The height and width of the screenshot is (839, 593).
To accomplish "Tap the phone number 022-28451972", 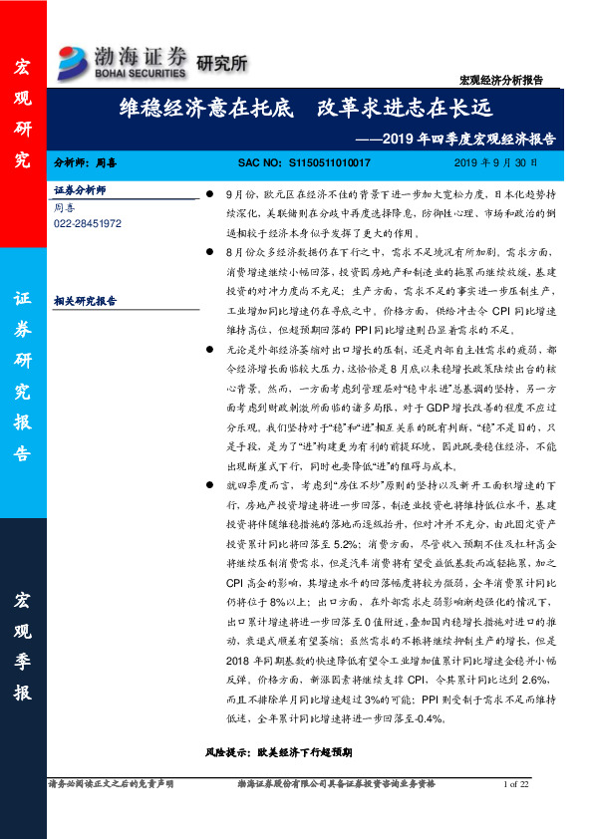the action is tap(88, 224).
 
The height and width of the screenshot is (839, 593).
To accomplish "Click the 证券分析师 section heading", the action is tap(80, 188).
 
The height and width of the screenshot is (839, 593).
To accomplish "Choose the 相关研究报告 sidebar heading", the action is tap(84, 298).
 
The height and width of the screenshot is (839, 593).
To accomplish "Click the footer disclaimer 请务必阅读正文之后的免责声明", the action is tap(111, 785).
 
